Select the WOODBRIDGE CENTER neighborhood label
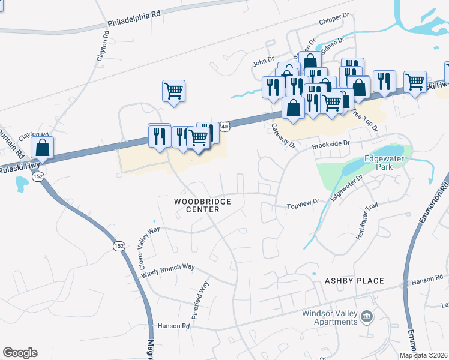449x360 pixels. pyautogui.click(x=202, y=206)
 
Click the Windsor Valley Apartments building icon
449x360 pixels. pyautogui.click(x=367, y=316)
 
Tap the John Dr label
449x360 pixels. pyautogui.click(x=263, y=61)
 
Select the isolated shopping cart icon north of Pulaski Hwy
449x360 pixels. pyautogui.click(x=173, y=91)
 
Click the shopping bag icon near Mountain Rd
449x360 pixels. pyautogui.click(x=42, y=146)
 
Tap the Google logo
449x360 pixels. pyautogui.click(x=20, y=353)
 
